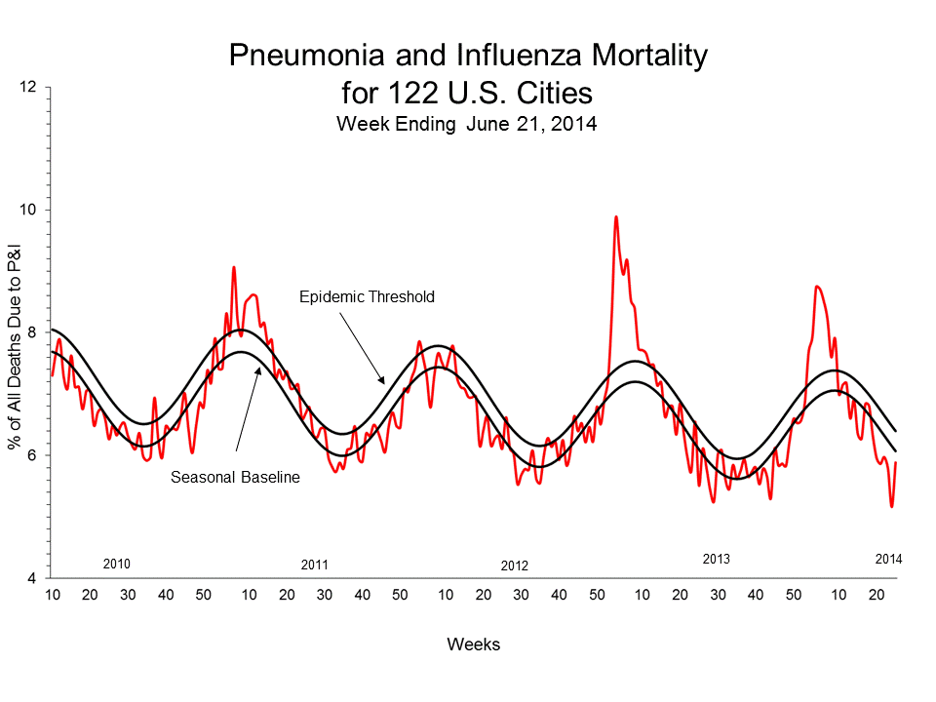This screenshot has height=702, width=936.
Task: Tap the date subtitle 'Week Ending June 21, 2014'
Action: coord(466,124)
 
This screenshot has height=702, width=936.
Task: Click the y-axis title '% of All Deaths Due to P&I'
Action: coord(16,332)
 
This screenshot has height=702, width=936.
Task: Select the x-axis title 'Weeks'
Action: coord(473,644)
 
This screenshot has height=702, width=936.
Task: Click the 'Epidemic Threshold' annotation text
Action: coord(366,296)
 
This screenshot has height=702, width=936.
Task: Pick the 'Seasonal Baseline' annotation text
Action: coord(234,478)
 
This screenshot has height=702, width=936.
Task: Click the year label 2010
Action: coord(117,564)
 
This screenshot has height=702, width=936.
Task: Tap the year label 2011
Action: coord(315,565)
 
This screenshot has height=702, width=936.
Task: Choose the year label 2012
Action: coord(514,565)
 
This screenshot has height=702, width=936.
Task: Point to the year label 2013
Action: coord(716,560)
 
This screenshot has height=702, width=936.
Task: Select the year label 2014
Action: coord(888,560)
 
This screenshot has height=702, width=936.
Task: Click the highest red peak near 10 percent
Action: coord(615,217)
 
